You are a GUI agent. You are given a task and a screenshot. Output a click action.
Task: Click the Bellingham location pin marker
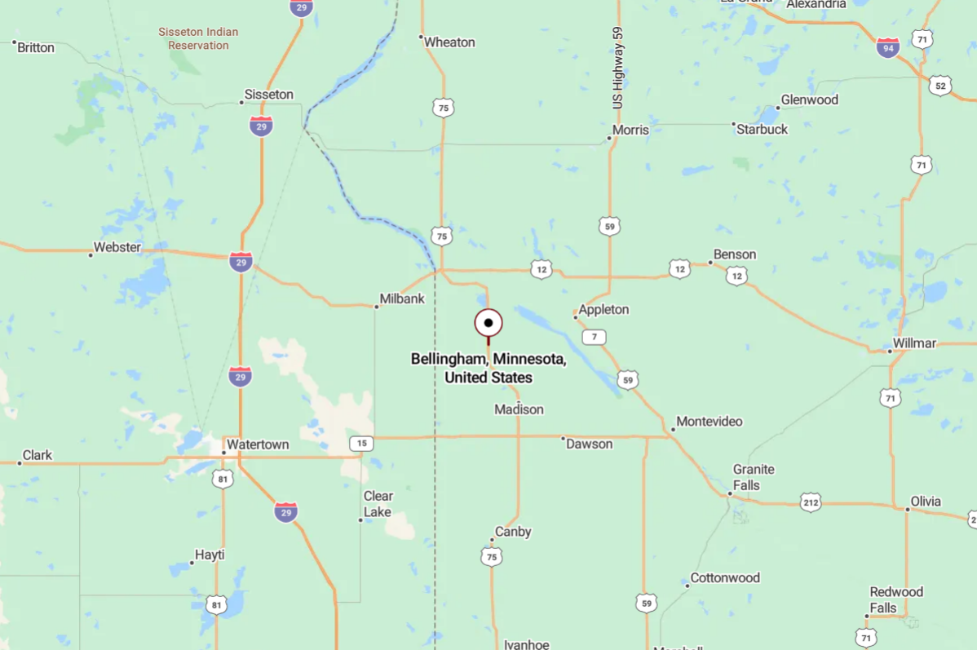coord(488,323)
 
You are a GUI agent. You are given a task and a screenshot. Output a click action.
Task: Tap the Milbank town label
coord(402,299)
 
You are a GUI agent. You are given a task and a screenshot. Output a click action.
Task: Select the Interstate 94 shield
coord(888,47)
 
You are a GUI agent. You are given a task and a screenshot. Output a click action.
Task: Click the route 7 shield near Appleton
coord(595,337)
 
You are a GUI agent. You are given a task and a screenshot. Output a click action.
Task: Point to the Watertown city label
coord(258,445)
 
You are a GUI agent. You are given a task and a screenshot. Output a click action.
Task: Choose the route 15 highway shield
coord(361,444)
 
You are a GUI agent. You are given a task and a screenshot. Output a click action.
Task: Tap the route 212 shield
coord(810,502)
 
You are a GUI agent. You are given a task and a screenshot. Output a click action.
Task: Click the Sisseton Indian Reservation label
coord(198,39)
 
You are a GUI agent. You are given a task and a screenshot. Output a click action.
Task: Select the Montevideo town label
coord(710,422)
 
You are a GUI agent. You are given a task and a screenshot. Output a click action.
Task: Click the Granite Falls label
coord(754,477)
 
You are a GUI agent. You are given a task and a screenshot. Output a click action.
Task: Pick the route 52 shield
coord(940,86)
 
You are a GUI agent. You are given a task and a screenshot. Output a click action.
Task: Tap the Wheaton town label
coord(449,42)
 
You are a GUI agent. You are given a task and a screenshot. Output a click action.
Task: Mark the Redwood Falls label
coord(896,599)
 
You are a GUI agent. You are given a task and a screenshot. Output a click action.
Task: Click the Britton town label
coord(36,47)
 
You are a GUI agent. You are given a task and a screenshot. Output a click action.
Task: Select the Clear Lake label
coord(378,504)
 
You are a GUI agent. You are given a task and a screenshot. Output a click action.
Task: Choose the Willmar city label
coord(914,343)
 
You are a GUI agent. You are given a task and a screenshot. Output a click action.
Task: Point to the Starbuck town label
coord(762,129)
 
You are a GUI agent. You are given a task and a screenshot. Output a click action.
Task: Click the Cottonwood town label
coord(725,578)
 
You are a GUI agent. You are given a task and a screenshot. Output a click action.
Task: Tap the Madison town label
coord(519,409)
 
